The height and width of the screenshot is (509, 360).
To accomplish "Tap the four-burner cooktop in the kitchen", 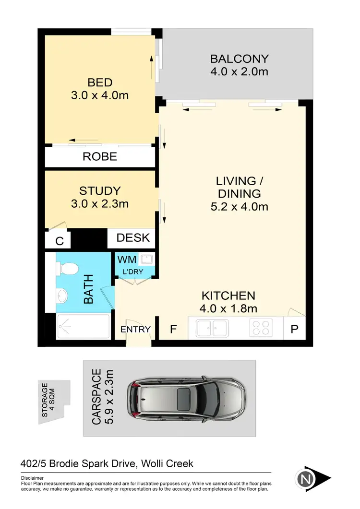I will tap(261, 329).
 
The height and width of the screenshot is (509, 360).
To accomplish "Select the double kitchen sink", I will tap(212, 329).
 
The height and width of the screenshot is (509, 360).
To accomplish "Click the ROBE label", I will tap(100, 156).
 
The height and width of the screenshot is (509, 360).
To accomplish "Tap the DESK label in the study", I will tap(133, 237).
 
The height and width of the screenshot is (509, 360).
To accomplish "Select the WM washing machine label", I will tap(130, 260).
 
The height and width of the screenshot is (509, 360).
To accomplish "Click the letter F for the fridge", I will tap(174, 330).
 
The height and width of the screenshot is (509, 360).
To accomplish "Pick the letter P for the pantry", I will tap(294, 330).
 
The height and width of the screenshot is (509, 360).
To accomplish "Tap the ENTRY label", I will tap(135, 329).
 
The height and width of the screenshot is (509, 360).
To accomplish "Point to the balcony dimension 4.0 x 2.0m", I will tap(239, 72).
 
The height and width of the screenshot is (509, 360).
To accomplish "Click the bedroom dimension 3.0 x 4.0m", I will tap(100, 95).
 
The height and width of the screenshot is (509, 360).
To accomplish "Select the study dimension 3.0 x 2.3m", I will tap(100, 203).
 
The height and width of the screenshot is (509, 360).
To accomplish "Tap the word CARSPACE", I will tap(96, 397).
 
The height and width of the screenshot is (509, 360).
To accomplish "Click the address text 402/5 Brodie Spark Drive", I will tap(79, 463).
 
